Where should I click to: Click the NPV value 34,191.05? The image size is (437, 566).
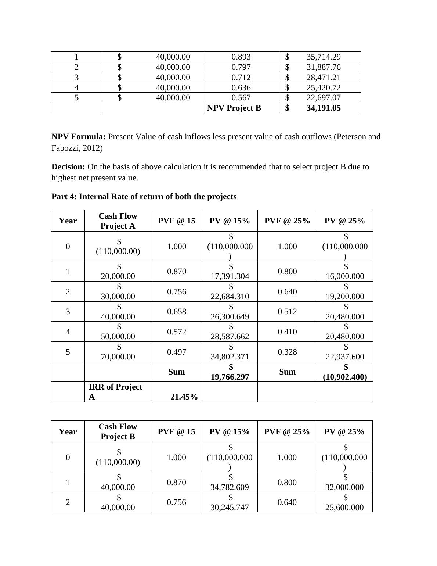[323, 108]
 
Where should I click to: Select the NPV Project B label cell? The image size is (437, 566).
[234, 108]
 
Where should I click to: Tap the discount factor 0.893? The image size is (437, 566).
[241, 57]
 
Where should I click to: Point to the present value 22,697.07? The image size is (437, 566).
[323, 98]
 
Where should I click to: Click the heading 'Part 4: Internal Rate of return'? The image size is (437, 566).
[144, 197]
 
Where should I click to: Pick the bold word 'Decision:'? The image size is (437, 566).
[68, 167]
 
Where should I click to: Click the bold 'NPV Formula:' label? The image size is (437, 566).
[79, 137]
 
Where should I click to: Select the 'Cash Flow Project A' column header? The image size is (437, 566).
[118, 221]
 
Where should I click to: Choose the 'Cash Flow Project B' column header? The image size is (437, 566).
[118, 431]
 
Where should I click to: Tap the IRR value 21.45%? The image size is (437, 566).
[184, 397]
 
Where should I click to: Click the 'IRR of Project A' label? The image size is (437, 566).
[115, 392]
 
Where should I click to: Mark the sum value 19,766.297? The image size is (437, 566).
[230, 377]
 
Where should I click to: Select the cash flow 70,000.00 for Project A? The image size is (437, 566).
[118, 357]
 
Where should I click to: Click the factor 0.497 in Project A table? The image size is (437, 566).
[176, 352]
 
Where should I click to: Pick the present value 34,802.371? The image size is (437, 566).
[230, 357]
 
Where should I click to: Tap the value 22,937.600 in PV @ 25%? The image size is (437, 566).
[345, 357]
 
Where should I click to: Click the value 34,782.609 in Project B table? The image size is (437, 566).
[230, 487]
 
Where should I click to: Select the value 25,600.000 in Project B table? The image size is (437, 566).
[344, 507]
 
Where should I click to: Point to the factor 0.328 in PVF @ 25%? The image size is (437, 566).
[287, 352]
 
